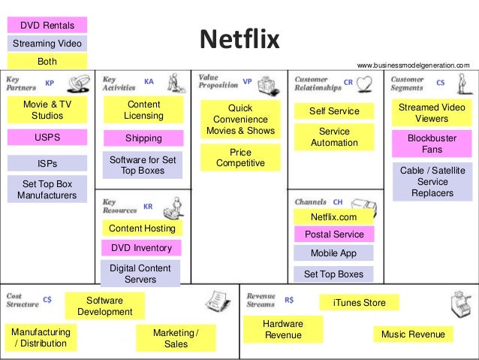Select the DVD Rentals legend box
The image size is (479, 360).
[47, 26]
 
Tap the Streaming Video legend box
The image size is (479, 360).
[47, 44]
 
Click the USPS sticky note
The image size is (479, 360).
[47, 138]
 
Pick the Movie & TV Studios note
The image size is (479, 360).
[47, 110]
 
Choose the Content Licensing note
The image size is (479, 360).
[143, 110]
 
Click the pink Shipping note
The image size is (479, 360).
[143, 138]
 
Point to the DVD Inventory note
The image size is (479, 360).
[142, 248]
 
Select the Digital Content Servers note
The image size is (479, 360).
[140, 274]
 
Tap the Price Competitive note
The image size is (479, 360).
[240, 158]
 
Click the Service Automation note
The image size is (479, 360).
[334, 137]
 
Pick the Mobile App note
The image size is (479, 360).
[334, 253]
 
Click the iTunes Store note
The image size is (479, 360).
[359, 303]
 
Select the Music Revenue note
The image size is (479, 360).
[413, 334]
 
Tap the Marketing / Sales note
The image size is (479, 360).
[176, 338]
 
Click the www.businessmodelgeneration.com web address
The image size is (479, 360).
[413, 66]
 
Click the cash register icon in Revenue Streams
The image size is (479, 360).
[455, 304]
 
